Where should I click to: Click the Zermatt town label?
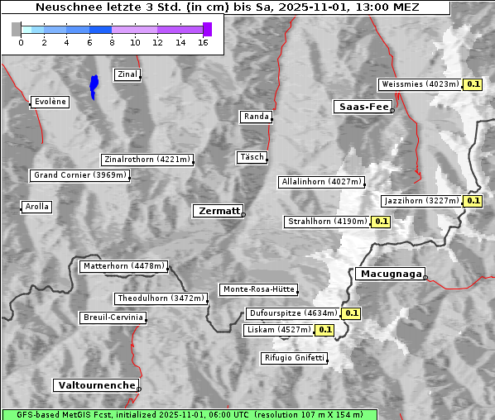coord(219,211)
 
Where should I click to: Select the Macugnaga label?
coord(390,274)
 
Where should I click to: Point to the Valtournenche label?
coord(96,385)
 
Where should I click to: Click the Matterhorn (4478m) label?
coord(124,266)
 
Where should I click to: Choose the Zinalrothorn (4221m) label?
coord(147,160)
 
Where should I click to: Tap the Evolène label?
coord(49,102)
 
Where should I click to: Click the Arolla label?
coord(36,207)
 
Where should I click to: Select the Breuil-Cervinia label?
coord(113,317)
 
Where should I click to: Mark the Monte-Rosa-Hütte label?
coord(259,289)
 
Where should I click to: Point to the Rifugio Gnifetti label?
coord(294,358)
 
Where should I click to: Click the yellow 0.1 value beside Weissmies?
coord(473,84)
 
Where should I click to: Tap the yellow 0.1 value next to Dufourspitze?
coord(351,313)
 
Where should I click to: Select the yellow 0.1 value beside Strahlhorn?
coord(381,222)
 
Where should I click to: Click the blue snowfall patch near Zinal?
coord(94,85)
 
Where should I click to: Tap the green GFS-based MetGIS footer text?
coord(189,414)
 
